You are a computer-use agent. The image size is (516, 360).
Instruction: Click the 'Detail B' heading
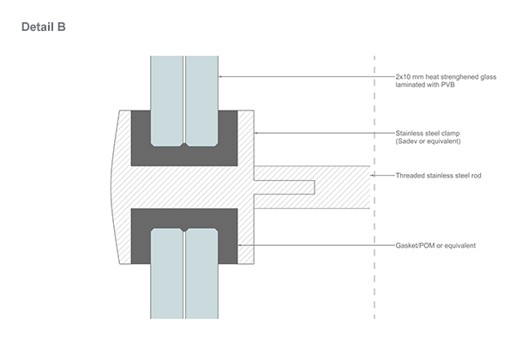click(x=44, y=27)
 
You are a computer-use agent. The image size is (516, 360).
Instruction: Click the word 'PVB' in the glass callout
click(x=447, y=85)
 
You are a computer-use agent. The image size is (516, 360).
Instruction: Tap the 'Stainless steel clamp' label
click(x=428, y=133)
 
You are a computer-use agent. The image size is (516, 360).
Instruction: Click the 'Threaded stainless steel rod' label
click(x=438, y=176)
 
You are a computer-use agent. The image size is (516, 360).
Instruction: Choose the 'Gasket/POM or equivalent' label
click(x=435, y=245)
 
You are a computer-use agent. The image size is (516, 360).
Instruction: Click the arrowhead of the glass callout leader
click(x=220, y=76)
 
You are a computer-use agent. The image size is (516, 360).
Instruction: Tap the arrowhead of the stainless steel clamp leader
click(x=256, y=133)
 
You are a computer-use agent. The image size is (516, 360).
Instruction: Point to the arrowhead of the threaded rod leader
click(x=372, y=176)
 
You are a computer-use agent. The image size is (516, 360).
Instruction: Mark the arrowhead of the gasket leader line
click(x=240, y=245)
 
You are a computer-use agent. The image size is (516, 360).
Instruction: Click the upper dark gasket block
click(x=184, y=156)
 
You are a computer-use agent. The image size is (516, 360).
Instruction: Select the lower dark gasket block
click(x=184, y=218)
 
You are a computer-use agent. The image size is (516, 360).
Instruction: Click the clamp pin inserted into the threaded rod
click(x=285, y=187)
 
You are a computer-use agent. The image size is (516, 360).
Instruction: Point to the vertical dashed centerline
click(x=375, y=187)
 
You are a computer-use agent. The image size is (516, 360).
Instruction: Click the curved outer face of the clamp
click(x=112, y=187)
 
